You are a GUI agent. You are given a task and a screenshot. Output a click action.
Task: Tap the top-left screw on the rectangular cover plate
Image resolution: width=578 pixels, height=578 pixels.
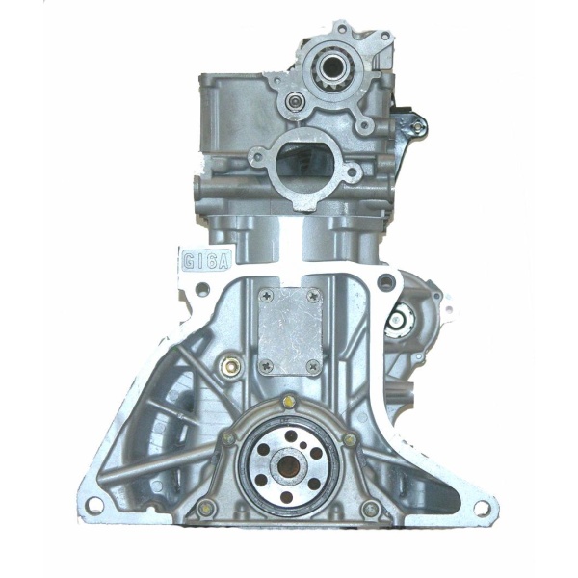[x=267, y=295]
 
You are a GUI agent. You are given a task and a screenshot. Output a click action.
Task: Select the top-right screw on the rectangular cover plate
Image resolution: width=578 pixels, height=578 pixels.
[x=314, y=295]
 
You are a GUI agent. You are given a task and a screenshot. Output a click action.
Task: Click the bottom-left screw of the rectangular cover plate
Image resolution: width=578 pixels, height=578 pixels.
[x=267, y=365]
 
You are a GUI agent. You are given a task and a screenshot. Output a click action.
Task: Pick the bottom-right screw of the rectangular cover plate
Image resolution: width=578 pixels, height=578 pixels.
[x=314, y=366]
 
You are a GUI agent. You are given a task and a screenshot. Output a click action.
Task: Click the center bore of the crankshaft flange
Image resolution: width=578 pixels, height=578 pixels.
[x=289, y=465]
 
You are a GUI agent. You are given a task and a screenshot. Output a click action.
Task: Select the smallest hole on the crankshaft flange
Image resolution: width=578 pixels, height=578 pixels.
[x=303, y=445]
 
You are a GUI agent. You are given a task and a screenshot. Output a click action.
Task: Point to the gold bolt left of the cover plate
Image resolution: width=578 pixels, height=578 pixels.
[x=226, y=366]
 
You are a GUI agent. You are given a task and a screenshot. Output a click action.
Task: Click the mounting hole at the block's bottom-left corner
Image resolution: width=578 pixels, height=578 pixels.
[x=92, y=503]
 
